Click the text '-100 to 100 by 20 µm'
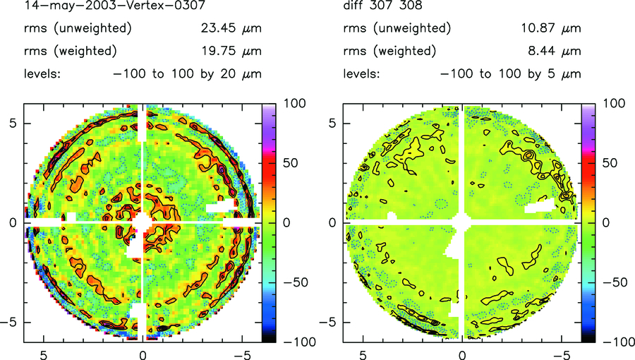coord(188,74)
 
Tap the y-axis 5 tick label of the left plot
coord(13,123)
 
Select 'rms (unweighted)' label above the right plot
coord(397,29)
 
